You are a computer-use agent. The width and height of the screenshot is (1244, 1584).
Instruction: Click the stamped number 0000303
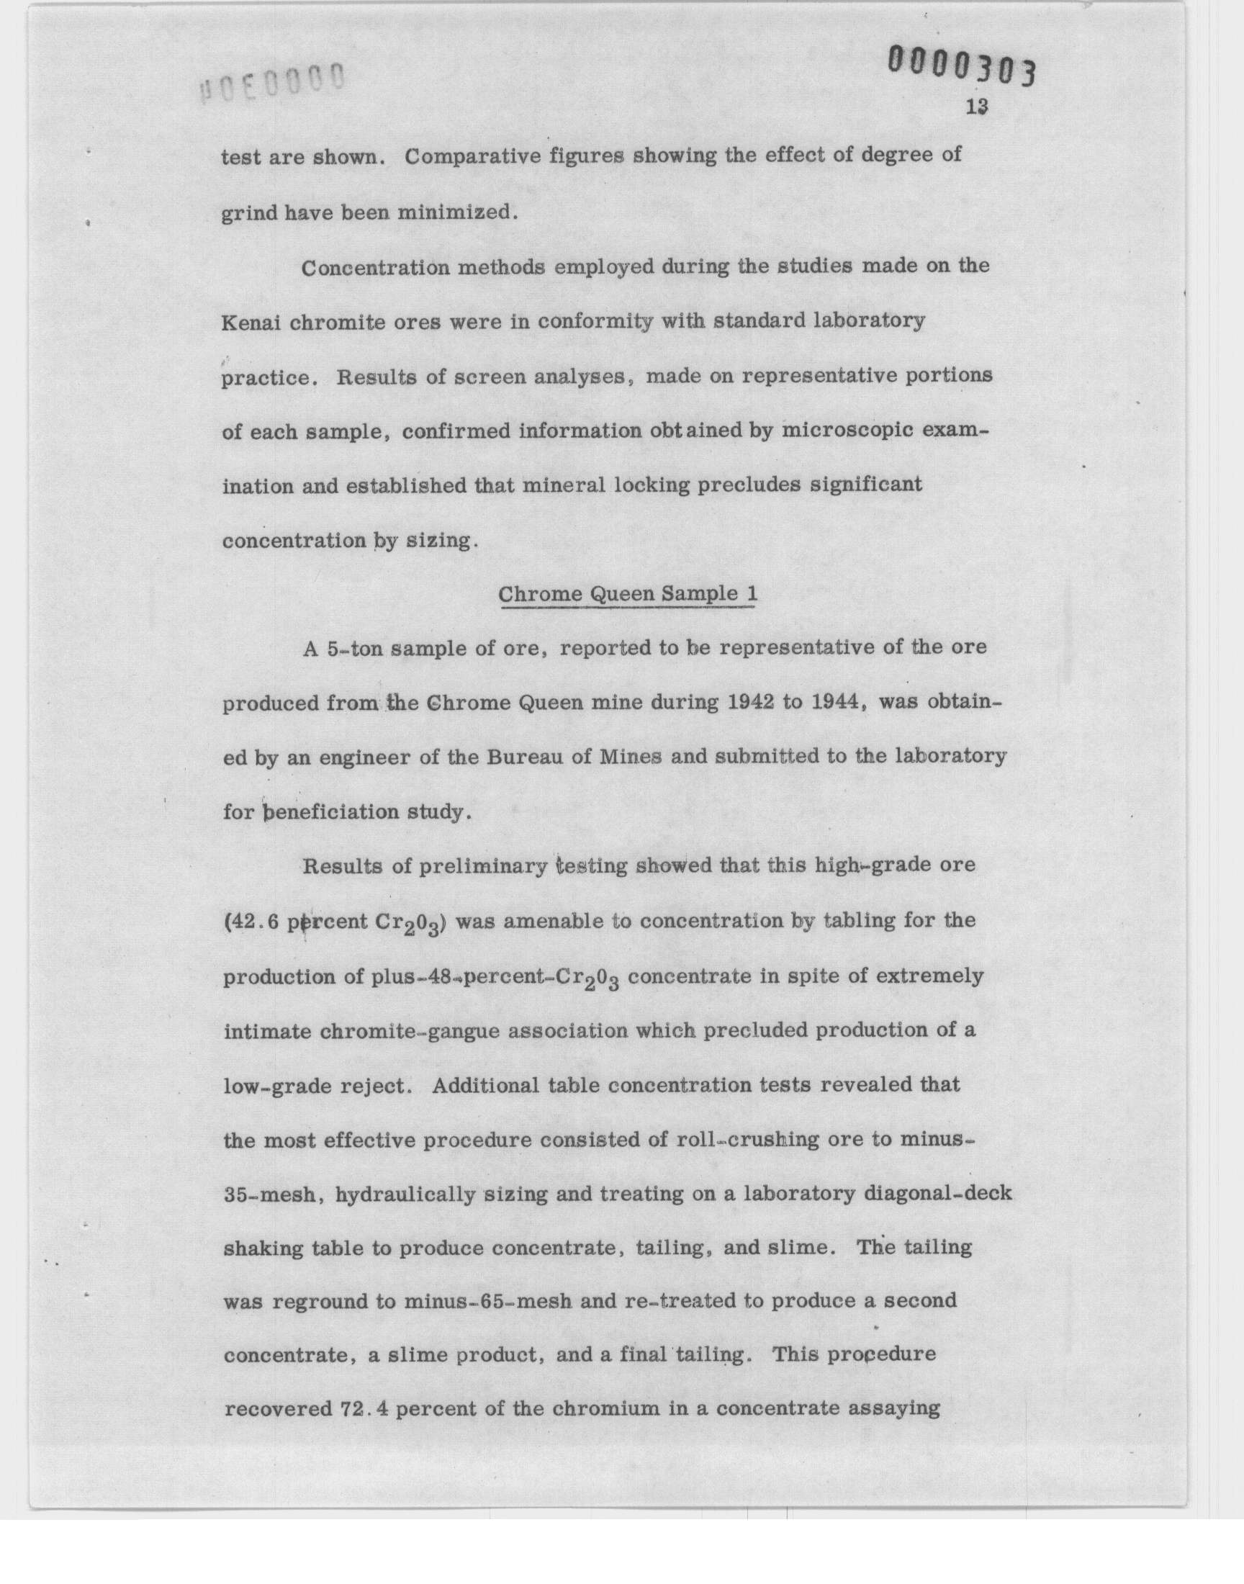(960, 67)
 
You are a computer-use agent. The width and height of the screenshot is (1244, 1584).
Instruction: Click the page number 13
(977, 107)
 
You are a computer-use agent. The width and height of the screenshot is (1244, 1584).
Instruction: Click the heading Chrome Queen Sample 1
(627, 594)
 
